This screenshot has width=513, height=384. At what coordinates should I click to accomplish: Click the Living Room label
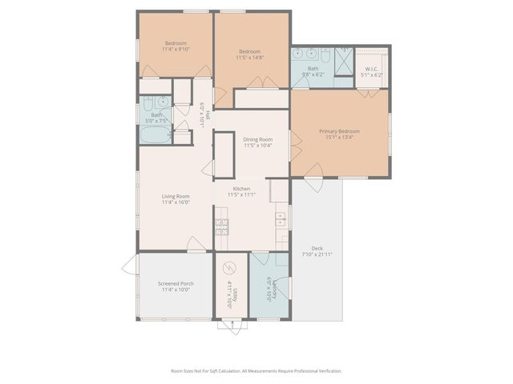(176, 197)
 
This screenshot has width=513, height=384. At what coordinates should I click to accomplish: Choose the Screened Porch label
(176, 283)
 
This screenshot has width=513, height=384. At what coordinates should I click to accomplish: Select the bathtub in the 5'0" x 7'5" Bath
(153, 135)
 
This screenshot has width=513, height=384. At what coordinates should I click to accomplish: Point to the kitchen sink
(282, 218)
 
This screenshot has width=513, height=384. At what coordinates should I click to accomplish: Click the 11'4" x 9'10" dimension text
(176, 49)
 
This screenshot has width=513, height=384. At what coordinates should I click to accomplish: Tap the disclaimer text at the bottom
(256, 371)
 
